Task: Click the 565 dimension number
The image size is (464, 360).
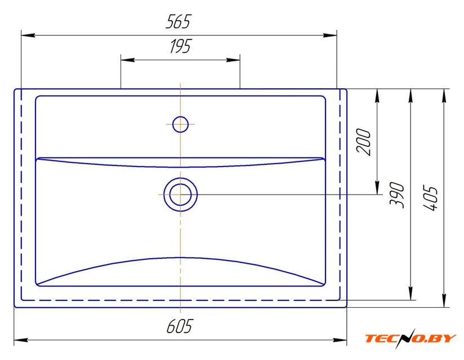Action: click(x=179, y=21)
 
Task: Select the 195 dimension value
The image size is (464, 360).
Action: click(x=181, y=46)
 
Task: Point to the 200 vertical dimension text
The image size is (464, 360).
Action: click(x=363, y=142)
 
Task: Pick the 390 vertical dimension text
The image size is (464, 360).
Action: click(x=396, y=195)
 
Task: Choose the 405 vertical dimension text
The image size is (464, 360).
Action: click(x=430, y=198)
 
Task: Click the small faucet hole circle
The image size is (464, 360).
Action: click(x=180, y=124)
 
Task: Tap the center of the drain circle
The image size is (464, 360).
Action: click(x=180, y=195)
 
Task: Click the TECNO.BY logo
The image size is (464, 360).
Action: click(x=411, y=339)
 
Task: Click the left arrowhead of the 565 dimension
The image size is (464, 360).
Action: click(x=28, y=35)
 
